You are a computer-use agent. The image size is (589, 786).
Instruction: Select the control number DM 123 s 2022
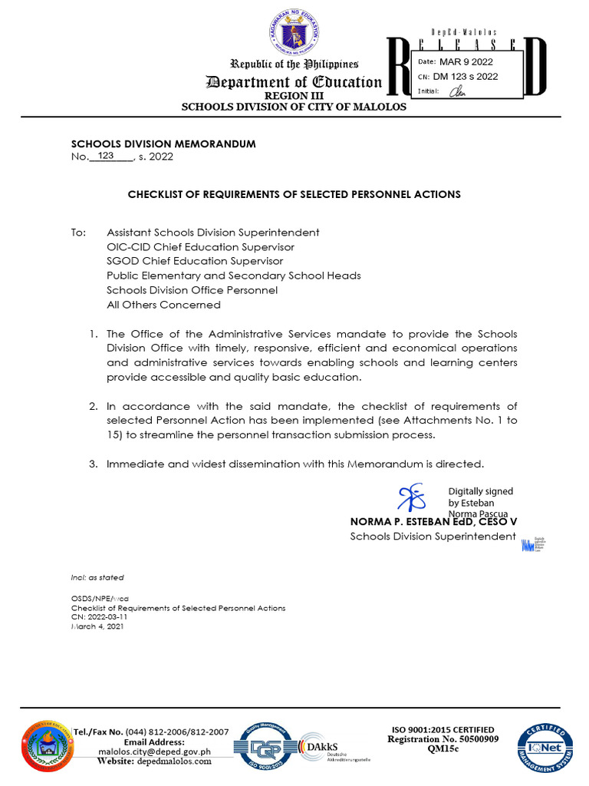(466, 76)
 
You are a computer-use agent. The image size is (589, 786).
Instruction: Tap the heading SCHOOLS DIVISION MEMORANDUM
(163, 144)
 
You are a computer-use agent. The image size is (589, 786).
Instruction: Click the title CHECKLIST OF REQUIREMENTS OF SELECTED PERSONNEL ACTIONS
(294, 194)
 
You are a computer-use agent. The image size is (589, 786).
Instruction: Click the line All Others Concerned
(163, 305)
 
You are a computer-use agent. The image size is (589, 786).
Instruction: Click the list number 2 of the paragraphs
(93, 406)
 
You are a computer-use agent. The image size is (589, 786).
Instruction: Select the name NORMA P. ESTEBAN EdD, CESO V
(433, 521)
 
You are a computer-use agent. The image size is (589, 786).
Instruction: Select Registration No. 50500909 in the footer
(443, 739)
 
